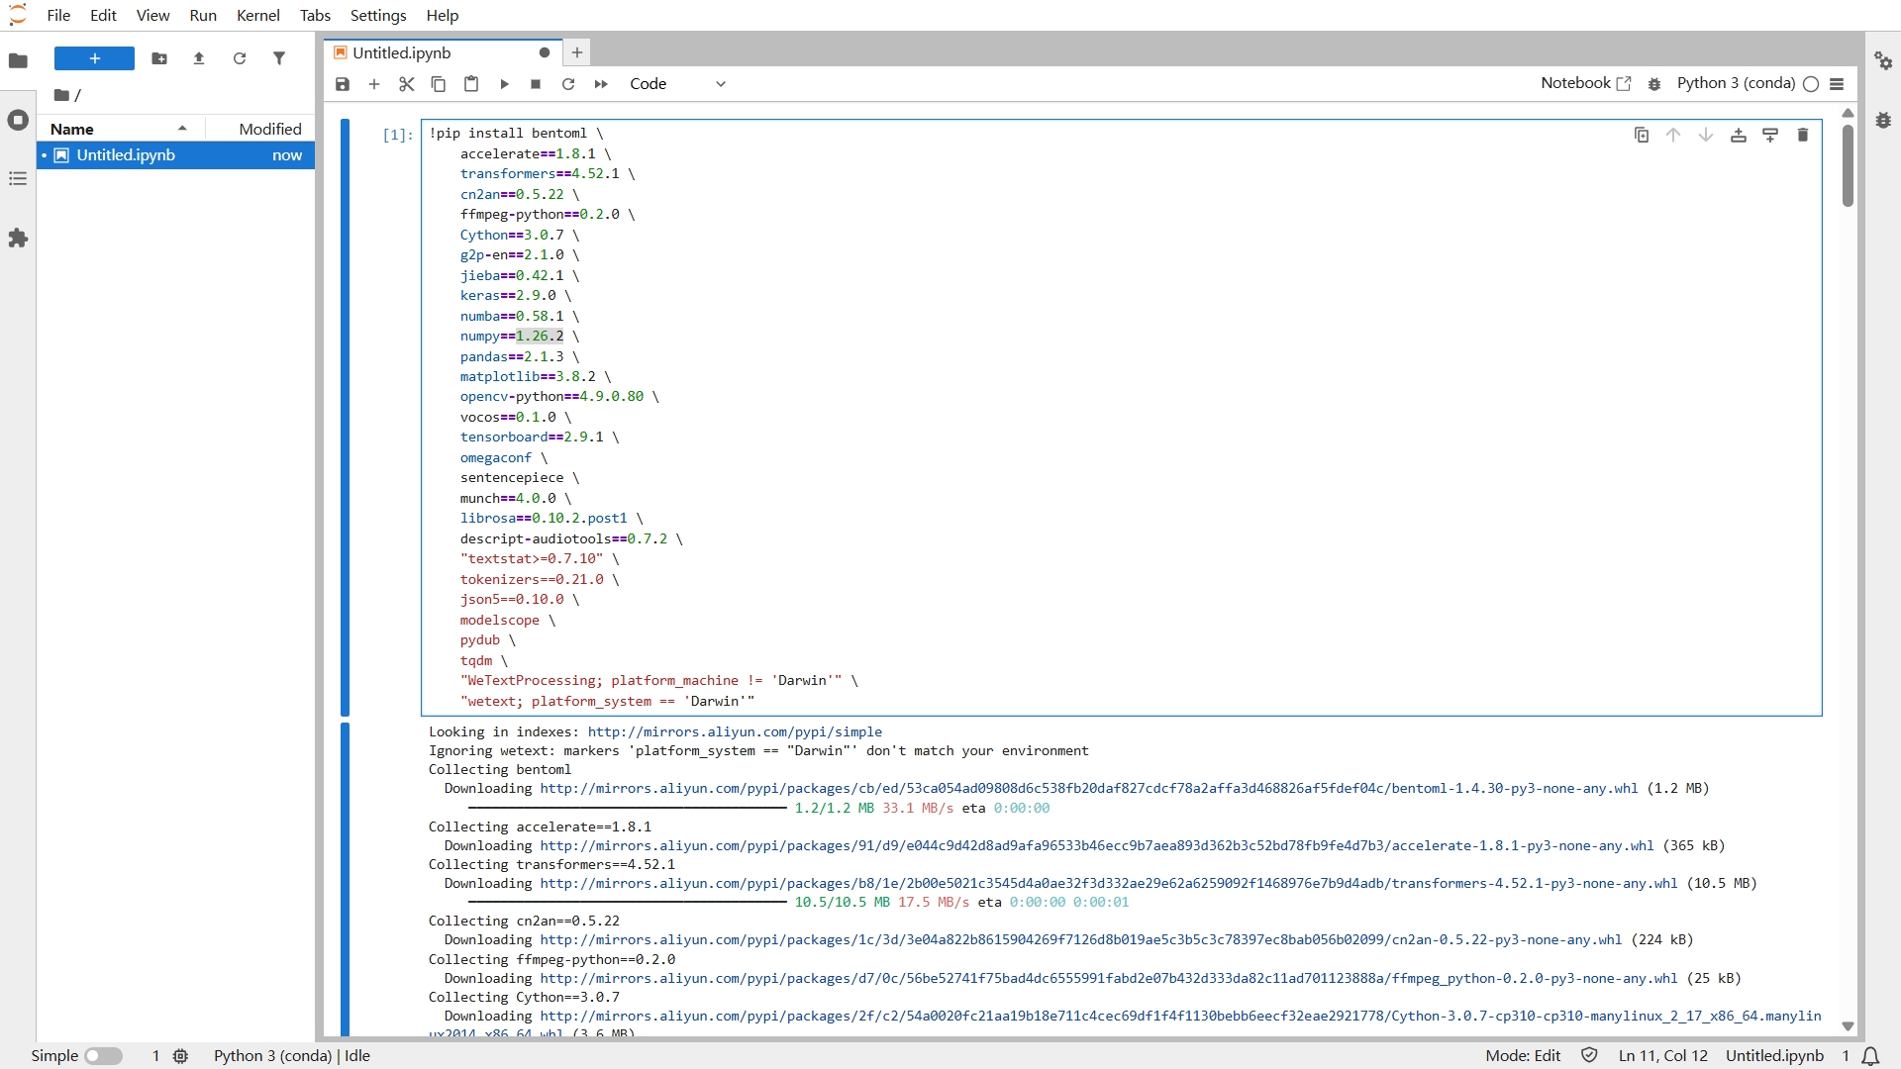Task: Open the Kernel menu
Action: [257, 15]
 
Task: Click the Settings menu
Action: [378, 15]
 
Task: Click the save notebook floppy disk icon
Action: [343, 84]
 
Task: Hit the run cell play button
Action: [504, 84]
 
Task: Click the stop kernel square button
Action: [536, 84]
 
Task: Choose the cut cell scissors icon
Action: [406, 84]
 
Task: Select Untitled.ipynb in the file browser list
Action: [126, 155]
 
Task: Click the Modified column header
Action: [270, 129]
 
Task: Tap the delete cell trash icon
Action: [1802, 135]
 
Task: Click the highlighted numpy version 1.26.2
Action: [540, 337]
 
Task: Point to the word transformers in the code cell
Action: [507, 173]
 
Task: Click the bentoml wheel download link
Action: [1089, 789]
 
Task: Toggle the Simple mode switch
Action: [103, 1056]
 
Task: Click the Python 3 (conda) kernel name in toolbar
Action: [1736, 83]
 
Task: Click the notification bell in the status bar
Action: [1870, 1056]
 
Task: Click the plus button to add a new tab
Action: [577, 52]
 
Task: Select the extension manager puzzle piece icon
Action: [18, 239]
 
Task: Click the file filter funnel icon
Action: [279, 58]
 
